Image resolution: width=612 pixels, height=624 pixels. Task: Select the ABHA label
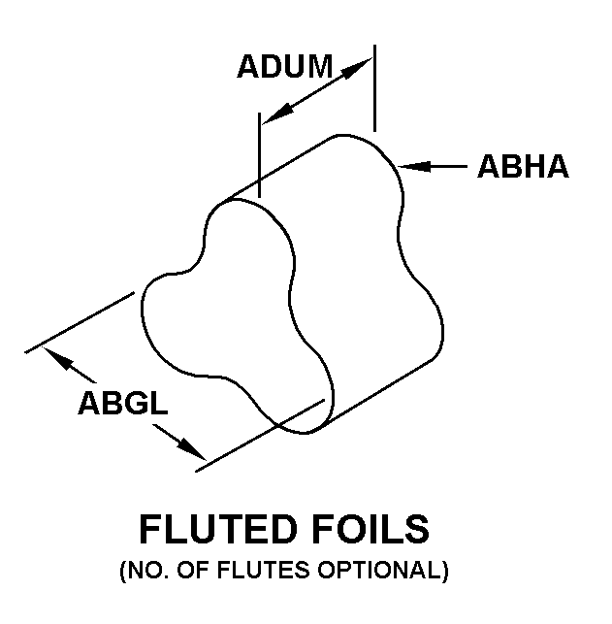[523, 167]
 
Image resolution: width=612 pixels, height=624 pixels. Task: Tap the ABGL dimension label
[124, 402]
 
